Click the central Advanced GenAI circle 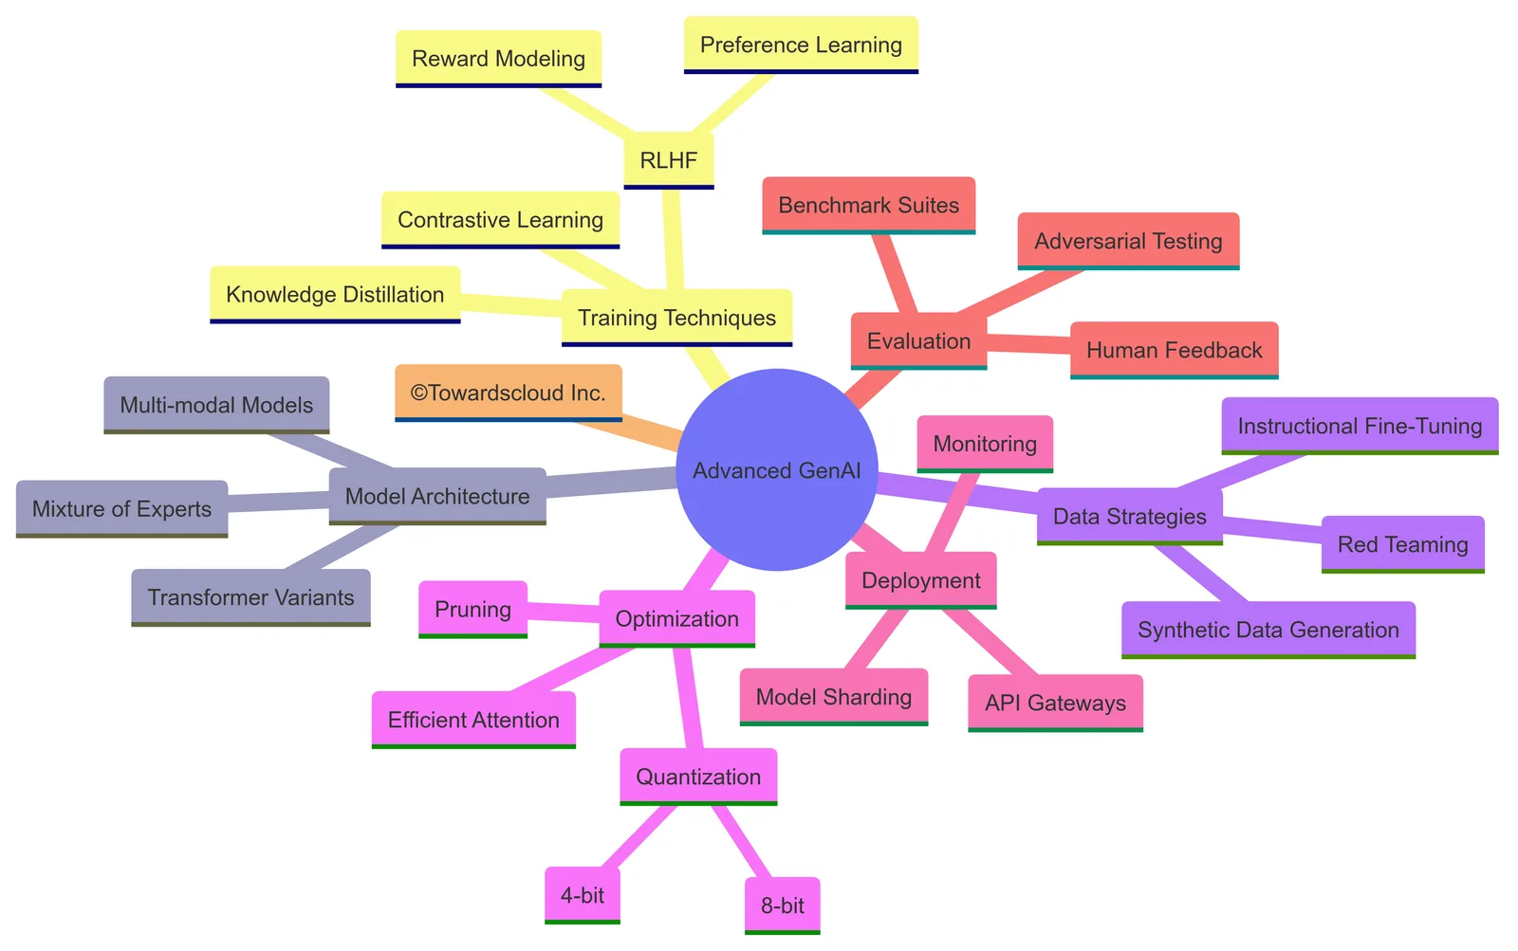point(777,469)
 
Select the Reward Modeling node point(499,59)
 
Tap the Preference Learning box point(801,45)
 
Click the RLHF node point(668,160)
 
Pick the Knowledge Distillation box point(335,295)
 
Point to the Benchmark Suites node point(869,205)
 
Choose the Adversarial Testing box point(1128,241)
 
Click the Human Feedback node point(1175,350)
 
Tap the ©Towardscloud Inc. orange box point(509,393)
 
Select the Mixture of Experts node point(122,509)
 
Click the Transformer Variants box point(250,597)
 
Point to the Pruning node point(473,609)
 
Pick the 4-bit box point(583,895)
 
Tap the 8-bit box point(782,905)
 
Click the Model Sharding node point(834,697)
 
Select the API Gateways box point(1055,704)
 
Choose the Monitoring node point(985,444)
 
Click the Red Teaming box point(1403,544)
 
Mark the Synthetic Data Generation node point(1268,630)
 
